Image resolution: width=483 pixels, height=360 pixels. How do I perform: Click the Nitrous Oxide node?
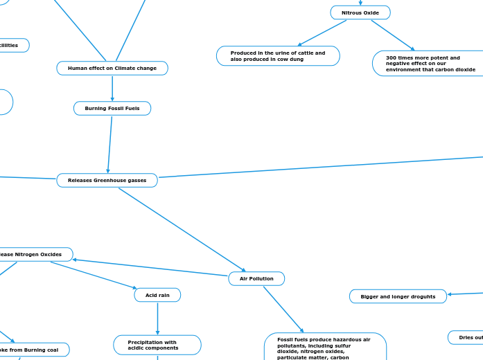(360, 12)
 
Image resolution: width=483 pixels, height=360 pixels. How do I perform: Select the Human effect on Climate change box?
(112, 68)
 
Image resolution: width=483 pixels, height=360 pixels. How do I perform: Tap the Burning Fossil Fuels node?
(112, 109)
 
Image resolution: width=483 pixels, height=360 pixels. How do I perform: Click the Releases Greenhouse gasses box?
(107, 180)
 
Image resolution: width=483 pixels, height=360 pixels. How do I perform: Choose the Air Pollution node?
(256, 278)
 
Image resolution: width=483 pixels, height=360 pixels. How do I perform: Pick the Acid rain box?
(157, 295)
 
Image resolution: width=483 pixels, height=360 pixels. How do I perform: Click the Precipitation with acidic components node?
(157, 345)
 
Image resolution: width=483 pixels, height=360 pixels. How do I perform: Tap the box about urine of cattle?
(278, 56)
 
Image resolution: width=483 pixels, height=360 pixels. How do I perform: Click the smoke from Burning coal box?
(31, 350)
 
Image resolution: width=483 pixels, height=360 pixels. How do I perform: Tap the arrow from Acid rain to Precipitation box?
(157, 318)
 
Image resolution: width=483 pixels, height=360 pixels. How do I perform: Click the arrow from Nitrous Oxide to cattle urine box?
(322, 33)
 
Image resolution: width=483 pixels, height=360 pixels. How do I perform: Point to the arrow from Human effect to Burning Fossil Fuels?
(112, 88)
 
